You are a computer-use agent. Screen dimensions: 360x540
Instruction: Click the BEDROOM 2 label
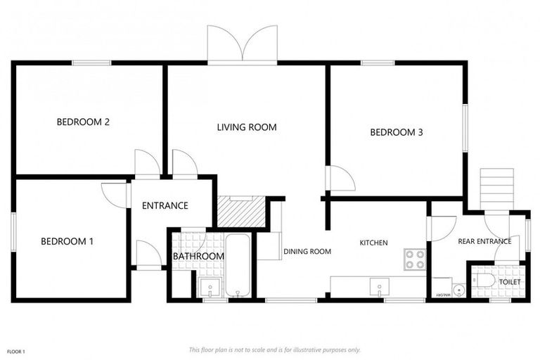coord(83,122)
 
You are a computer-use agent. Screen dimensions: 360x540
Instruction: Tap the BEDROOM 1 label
coord(67,241)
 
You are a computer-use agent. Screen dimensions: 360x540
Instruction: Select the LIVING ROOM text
coord(246,127)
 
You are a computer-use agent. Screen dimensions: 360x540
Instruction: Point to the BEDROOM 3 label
coord(396,132)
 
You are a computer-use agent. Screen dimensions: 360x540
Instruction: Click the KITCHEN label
coord(373,243)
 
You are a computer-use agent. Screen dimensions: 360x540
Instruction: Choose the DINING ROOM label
coord(307,251)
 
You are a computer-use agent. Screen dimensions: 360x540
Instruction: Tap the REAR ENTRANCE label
coord(484,241)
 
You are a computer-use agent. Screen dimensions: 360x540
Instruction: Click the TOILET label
coord(510,281)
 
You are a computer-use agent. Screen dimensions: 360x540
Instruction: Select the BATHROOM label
coord(198,257)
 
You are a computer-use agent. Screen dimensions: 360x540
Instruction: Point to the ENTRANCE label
coord(165,206)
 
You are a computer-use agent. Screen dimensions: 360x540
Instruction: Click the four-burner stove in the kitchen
coord(415,259)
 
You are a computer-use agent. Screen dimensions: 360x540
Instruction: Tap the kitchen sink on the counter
coord(379,286)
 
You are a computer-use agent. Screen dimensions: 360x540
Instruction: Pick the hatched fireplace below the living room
coord(240,210)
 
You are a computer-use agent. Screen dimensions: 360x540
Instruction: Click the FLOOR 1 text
coord(16,351)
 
